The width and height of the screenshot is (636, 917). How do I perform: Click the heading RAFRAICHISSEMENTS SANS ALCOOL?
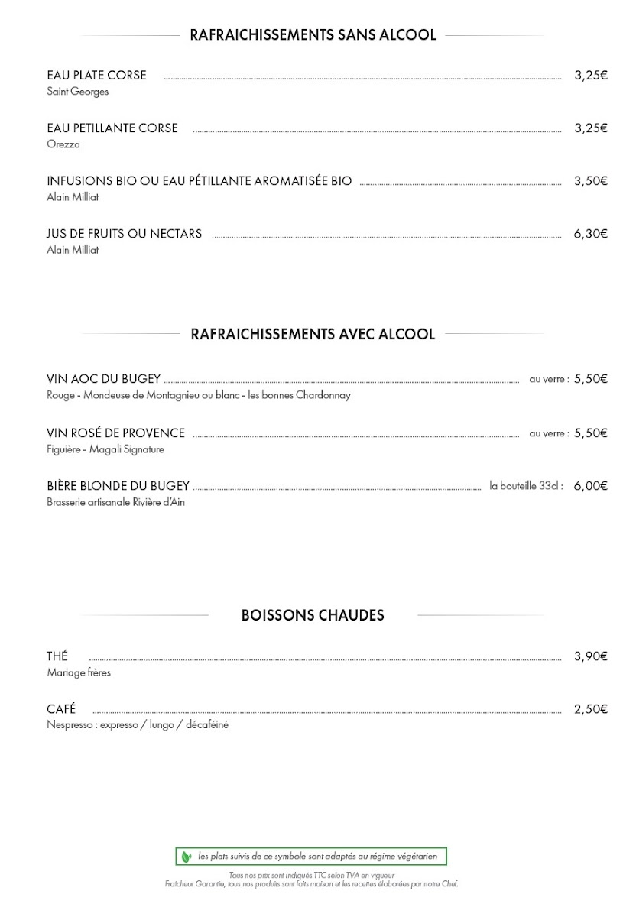313,35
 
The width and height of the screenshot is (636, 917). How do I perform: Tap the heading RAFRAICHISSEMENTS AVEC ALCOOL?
313,334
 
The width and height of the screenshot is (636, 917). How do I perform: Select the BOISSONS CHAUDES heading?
313,615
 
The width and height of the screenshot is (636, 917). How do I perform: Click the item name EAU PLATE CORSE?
96,76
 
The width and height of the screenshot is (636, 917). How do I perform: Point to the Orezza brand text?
63,144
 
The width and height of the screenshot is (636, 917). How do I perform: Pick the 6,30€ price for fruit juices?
590,234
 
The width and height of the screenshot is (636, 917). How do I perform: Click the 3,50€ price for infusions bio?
590,181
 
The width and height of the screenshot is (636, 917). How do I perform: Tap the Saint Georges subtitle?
78,92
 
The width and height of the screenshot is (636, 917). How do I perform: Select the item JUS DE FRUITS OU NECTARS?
125,234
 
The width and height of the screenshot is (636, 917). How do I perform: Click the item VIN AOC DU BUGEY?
104,378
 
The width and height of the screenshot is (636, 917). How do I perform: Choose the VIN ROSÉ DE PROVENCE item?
116,433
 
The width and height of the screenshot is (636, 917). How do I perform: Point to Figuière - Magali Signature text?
105,449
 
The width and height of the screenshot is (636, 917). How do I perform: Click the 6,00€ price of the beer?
590,485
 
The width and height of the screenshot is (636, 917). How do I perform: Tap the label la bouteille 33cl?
526,485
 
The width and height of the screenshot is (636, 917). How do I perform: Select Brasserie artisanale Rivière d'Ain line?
116,502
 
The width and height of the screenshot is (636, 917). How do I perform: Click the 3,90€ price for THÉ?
590,656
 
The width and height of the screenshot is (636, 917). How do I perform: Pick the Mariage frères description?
79,673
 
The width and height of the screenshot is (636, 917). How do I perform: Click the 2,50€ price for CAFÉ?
590,709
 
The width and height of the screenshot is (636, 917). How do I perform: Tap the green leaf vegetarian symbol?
186,857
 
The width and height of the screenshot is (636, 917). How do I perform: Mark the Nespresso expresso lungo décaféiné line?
138,725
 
